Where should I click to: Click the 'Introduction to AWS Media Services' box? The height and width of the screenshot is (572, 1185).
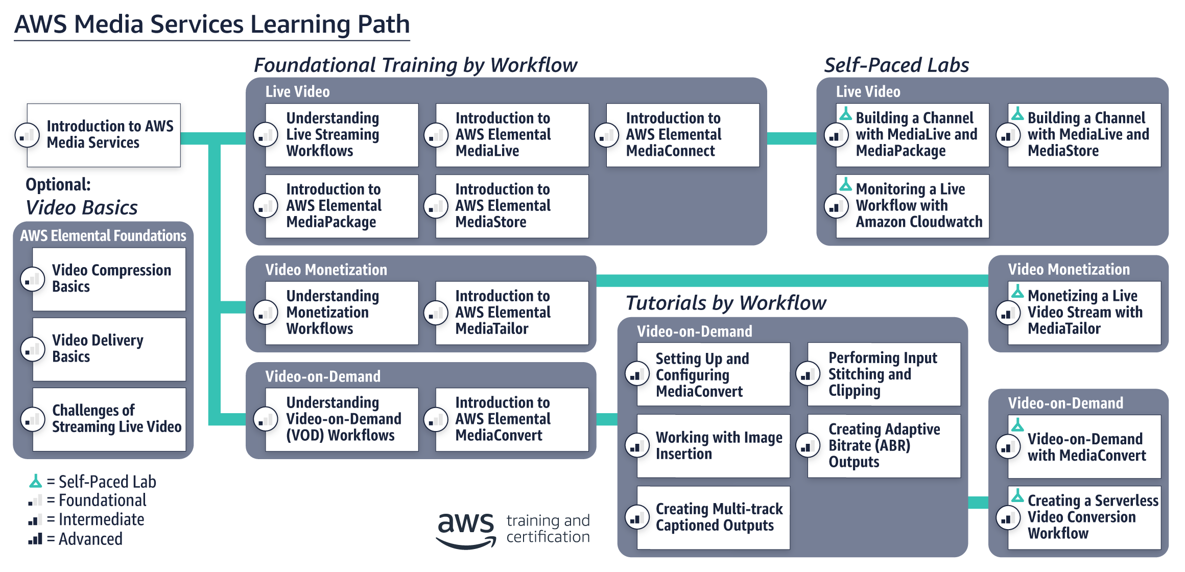coord(104,135)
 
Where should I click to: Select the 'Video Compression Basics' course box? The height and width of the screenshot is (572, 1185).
coord(109,279)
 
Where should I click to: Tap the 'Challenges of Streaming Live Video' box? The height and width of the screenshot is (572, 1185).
coord(109,419)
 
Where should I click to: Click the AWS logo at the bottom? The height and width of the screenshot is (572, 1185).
coord(466,530)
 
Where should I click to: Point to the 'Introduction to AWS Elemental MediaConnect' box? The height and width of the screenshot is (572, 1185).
coord(682,135)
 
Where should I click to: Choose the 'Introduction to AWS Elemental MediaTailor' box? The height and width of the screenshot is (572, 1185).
coord(512,313)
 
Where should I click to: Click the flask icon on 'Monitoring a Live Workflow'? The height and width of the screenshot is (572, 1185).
coord(846,184)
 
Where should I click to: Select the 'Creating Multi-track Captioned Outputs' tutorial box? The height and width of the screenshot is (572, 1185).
coord(714,517)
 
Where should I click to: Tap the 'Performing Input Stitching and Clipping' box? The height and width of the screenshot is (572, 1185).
coord(884,374)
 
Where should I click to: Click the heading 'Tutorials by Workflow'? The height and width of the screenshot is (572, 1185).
coord(725,303)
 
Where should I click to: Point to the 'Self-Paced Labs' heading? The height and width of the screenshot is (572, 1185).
coord(896,65)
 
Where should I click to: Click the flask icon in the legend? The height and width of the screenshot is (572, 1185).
coord(35,481)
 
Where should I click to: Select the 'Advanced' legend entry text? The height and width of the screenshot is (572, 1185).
coord(90,539)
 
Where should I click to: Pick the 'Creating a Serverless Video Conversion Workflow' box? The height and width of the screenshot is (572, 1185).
coord(1084,517)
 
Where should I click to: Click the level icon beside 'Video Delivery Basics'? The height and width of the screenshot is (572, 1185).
coord(33,350)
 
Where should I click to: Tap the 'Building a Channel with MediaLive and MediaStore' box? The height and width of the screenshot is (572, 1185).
coord(1084,135)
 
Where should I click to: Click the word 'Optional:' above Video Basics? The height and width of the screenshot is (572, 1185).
coord(58,184)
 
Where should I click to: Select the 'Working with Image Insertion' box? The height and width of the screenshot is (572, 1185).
coord(714,446)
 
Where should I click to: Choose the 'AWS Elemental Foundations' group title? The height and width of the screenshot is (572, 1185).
coord(103,235)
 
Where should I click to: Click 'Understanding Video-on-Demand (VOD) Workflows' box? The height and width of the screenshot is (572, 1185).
coord(342,419)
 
